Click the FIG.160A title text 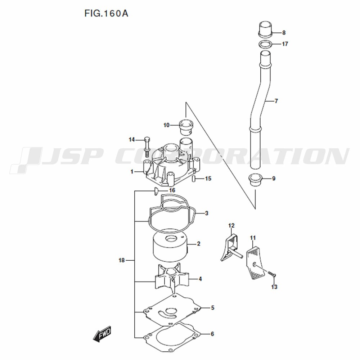coord(106,14)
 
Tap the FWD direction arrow coord(102,334)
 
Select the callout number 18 coord(121,260)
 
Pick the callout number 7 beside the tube coord(276,101)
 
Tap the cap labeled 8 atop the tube coord(265,30)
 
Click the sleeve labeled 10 coord(186,126)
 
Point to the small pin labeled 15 coord(194,179)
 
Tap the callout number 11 coord(253,238)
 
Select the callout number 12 coord(231,226)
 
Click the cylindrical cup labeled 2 coord(169,248)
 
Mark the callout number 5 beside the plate coord(212,308)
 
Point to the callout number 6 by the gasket coord(212,334)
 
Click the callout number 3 coord(207,213)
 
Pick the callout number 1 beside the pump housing coord(132,172)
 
